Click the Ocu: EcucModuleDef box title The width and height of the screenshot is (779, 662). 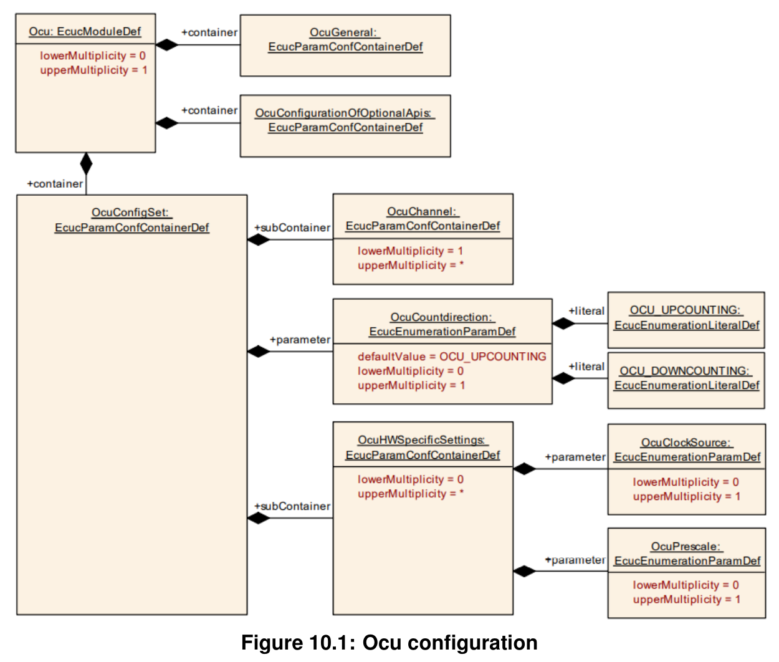(85, 31)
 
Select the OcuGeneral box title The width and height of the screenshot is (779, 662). (345, 40)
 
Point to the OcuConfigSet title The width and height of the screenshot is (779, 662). (132, 220)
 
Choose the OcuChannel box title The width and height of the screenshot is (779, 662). (423, 219)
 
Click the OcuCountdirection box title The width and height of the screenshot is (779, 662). (442, 324)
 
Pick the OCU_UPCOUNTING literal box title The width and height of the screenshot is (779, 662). (686, 317)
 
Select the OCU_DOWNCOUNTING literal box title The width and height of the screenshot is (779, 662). (686, 378)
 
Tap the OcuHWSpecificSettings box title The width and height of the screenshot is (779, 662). (423, 448)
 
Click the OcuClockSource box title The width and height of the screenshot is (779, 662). (687, 450)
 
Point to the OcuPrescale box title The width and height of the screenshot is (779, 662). (687, 554)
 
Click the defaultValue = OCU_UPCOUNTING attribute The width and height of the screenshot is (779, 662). (452, 357)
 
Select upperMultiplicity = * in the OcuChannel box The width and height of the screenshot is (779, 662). (411, 266)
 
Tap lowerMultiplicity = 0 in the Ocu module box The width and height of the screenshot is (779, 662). (93, 56)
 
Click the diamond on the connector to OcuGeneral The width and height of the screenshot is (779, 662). (167, 45)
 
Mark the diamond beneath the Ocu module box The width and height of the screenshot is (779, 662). (86, 164)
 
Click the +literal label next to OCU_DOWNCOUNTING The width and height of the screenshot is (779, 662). (586, 367)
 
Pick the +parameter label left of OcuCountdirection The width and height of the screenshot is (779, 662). (300, 340)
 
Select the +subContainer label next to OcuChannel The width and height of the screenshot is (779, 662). (292, 228)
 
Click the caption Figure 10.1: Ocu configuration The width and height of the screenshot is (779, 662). (389, 643)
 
